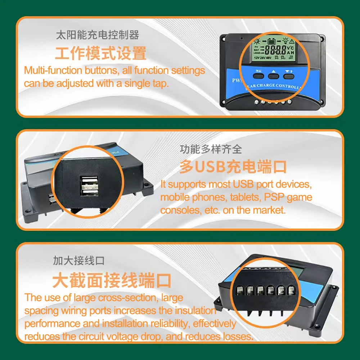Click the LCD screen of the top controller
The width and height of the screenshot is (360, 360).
(273, 50)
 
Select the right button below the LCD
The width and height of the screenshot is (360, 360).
(288, 76)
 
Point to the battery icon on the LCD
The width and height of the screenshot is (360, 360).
(271, 41)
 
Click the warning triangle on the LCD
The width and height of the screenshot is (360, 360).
(292, 41)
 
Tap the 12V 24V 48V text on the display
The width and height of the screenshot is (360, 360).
(262, 58)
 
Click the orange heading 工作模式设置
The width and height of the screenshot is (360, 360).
(100, 53)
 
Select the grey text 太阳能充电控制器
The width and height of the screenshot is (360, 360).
(97, 35)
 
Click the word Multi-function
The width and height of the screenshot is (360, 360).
(53, 70)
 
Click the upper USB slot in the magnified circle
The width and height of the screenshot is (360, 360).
(89, 181)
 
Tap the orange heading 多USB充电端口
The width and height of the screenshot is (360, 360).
(233, 167)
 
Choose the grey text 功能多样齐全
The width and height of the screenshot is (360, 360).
(211, 149)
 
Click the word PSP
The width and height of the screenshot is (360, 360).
(274, 197)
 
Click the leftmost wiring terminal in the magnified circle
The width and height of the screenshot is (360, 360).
(240, 291)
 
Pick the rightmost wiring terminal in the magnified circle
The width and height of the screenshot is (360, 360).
(291, 290)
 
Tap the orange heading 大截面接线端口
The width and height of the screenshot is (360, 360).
(112, 280)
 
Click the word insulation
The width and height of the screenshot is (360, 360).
(195, 311)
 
